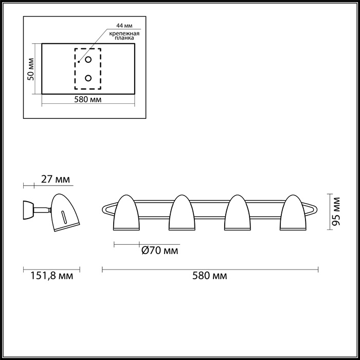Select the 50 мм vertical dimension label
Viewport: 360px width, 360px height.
(x=31, y=68)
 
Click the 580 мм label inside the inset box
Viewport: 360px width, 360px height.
(x=87, y=99)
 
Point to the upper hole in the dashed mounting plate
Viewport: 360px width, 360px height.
(x=88, y=60)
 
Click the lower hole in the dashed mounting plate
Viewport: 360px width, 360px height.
(x=88, y=78)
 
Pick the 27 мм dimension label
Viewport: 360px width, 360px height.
(x=56, y=179)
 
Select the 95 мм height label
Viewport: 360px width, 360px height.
(x=336, y=211)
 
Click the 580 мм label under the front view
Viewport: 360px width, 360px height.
(x=211, y=276)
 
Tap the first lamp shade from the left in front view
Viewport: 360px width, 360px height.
(x=127, y=213)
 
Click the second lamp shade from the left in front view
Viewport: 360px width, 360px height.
(x=182, y=213)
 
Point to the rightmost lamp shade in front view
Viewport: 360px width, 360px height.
(x=293, y=213)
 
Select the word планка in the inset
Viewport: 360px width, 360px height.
(x=125, y=38)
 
